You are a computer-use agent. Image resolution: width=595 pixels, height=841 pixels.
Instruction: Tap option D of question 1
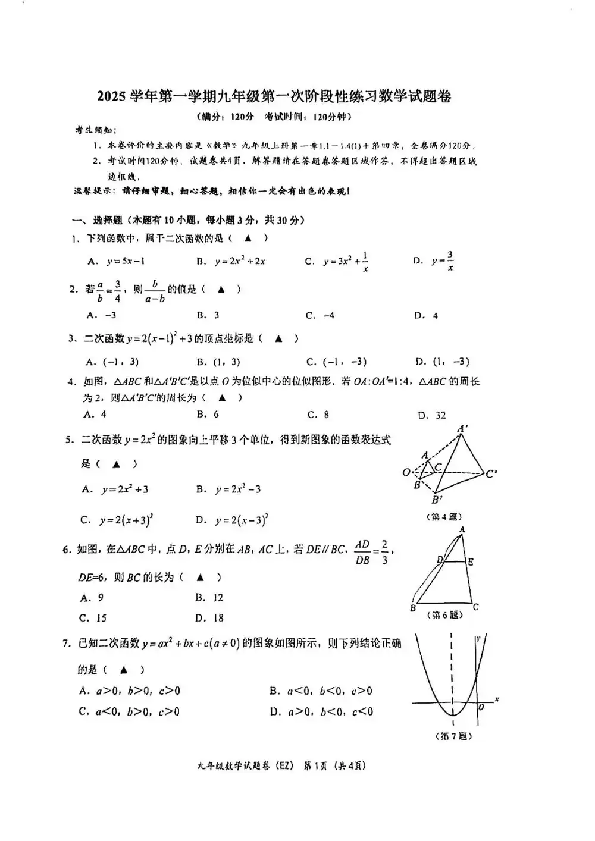(x=434, y=261)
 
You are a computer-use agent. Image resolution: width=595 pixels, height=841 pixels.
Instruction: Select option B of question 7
(x=321, y=691)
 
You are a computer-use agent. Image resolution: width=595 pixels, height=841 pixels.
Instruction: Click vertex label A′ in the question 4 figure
(x=462, y=428)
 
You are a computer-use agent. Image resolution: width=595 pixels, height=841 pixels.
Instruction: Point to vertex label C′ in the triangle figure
(x=491, y=474)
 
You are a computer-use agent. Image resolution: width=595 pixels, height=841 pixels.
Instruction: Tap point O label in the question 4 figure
(x=406, y=473)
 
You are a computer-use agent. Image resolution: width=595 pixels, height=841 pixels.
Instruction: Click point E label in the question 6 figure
(x=471, y=561)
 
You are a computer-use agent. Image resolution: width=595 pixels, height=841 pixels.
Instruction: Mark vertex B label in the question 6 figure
(x=413, y=608)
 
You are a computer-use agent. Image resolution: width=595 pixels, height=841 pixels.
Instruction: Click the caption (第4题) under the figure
(x=444, y=517)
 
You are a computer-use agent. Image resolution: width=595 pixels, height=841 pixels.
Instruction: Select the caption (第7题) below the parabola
(x=453, y=736)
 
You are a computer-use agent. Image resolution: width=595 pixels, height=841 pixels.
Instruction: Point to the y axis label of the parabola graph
(x=478, y=639)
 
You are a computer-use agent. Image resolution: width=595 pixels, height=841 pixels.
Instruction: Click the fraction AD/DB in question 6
(x=362, y=552)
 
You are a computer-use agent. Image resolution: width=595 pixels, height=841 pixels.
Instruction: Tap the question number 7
(x=66, y=643)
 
